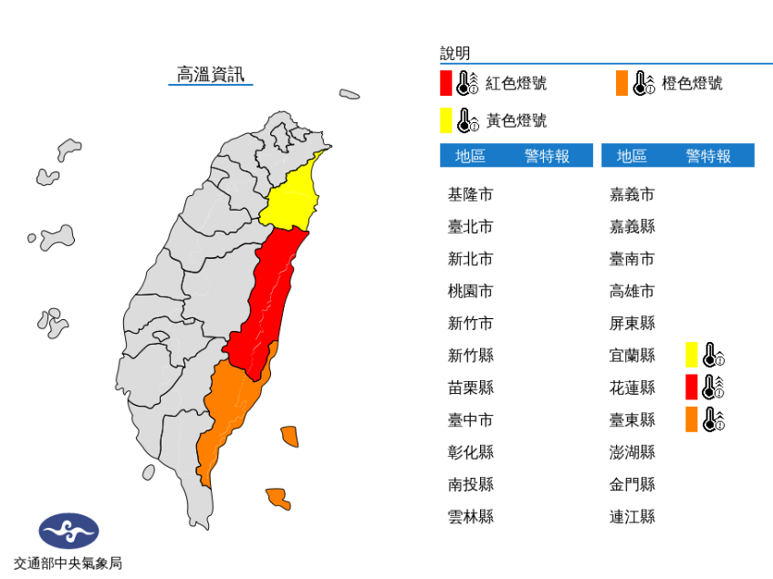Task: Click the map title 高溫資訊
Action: [x=210, y=75]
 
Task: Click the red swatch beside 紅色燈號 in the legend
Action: [x=445, y=83]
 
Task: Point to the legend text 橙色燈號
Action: [x=692, y=83]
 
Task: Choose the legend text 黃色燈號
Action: [x=516, y=120]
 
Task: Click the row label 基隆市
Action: [x=470, y=194]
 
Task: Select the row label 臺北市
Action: [x=470, y=226]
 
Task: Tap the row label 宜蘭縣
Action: [x=632, y=355]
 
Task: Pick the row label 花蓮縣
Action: [x=632, y=388]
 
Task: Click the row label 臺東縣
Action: [x=632, y=419]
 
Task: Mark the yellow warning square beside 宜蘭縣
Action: [x=692, y=355]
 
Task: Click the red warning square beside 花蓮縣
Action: [x=692, y=388]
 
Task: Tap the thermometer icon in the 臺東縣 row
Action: [x=714, y=419]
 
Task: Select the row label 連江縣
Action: [x=632, y=517]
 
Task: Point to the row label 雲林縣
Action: [x=470, y=517]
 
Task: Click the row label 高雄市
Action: [x=632, y=291]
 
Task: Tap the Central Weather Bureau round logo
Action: [x=68, y=531]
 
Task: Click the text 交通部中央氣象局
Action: [x=68, y=563]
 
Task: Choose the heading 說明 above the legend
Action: [x=454, y=53]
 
